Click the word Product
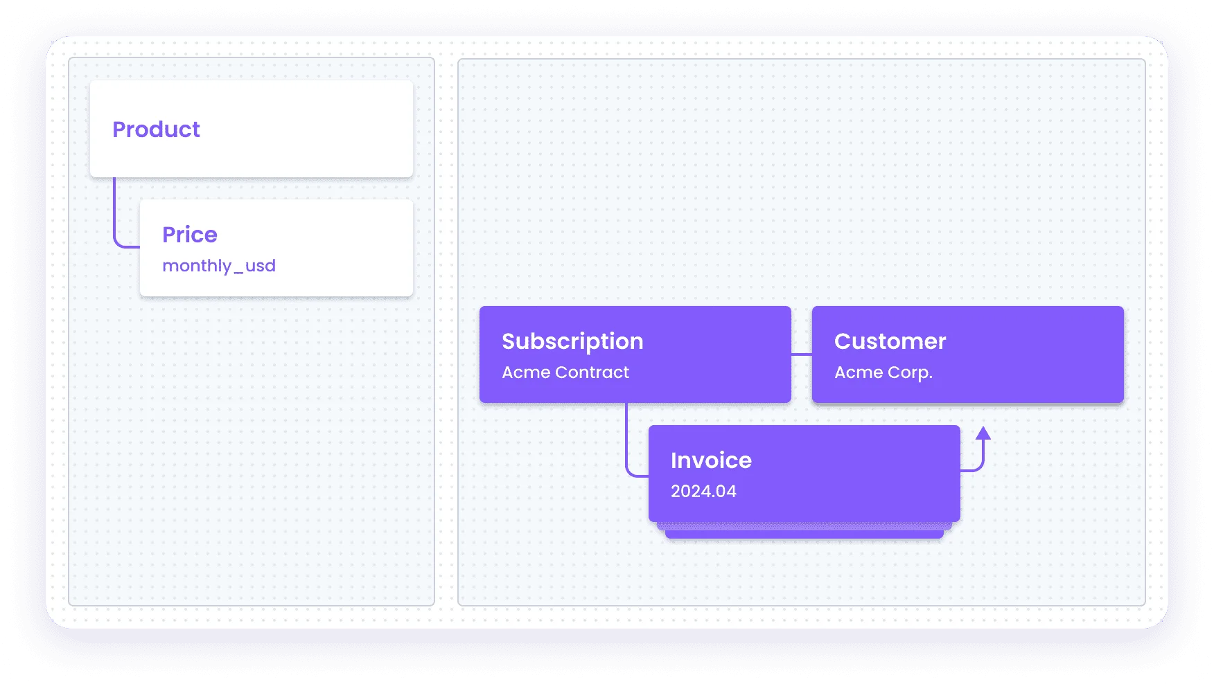(156, 129)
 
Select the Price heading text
(190, 235)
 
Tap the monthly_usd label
(219, 266)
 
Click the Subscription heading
(572, 342)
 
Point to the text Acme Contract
(565, 372)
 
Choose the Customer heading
(890, 341)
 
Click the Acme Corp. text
(883, 372)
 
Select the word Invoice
(711, 460)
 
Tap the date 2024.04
(703, 492)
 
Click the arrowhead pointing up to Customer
(983, 433)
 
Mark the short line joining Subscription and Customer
(802, 354)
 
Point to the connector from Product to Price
(115, 222)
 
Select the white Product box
(252, 129)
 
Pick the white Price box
(276, 248)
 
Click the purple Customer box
(968, 354)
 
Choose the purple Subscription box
(635, 354)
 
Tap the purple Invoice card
(804, 474)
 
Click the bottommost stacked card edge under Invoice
(804, 535)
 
